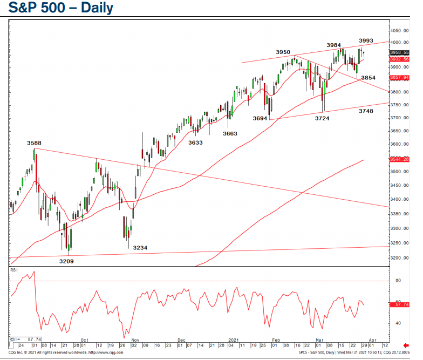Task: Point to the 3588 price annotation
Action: coord(35,143)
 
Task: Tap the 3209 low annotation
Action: coord(66,261)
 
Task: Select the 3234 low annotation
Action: coord(140,248)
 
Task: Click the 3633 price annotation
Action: coord(195,142)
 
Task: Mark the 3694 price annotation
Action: coord(260,118)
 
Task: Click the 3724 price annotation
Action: coord(323,118)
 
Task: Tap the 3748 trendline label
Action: coord(368,111)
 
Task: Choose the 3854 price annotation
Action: coord(368,78)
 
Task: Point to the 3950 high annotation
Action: coord(283,52)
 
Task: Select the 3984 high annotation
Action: coord(334,44)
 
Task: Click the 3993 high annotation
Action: coord(366,40)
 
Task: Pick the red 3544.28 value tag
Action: coord(400,159)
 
